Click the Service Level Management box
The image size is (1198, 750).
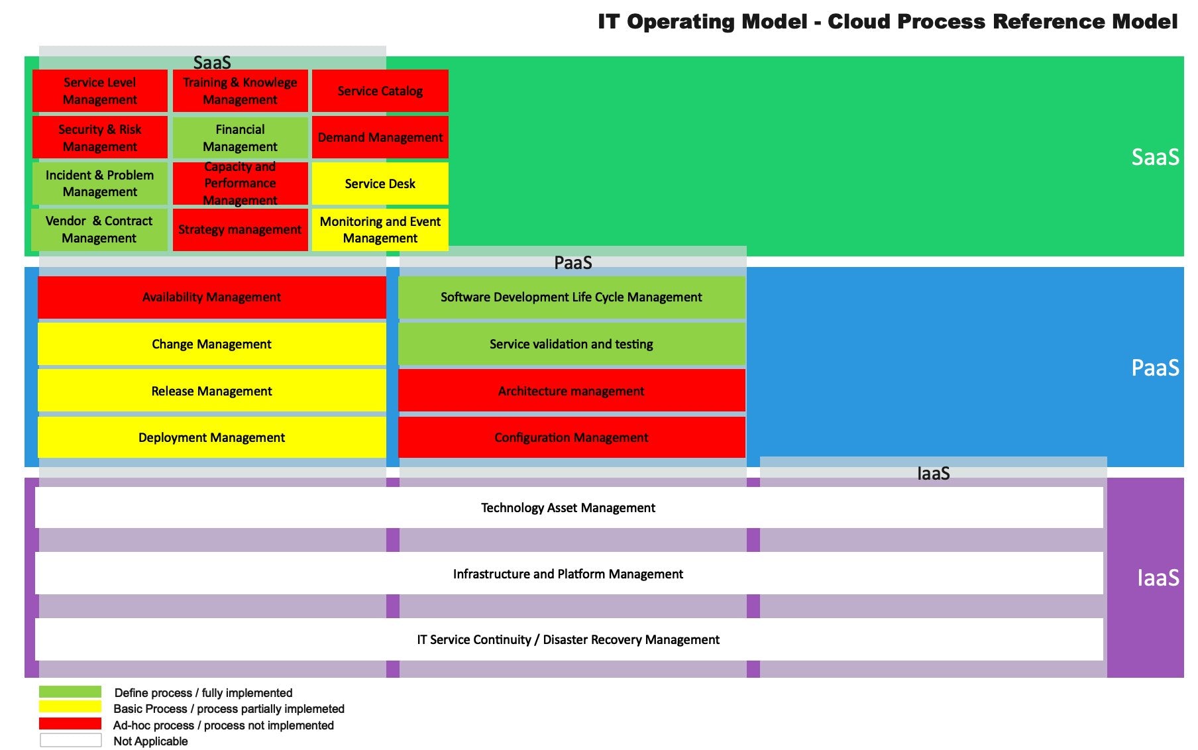pyautogui.click(x=100, y=91)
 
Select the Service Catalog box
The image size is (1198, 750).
pyautogui.click(x=380, y=91)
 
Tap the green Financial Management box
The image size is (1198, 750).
pyautogui.click(x=241, y=138)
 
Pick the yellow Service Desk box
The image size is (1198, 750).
pyautogui.click(x=380, y=184)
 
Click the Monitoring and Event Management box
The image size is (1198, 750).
pyautogui.click(x=380, y=230)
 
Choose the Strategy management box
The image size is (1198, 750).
pyautogui.click(x=241, y=230)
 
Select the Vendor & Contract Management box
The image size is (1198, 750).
pyautogui.click(x=99, y=230)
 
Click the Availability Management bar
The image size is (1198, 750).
pyautogui.click(x=212, y=297)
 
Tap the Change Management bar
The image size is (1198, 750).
pyautogui.click(x=212, y=344)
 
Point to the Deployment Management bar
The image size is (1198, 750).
pyautogui.click(x=212, y=437)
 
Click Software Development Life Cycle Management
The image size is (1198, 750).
pyautogui.click(x=572, y=297)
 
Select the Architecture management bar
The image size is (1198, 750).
pyautogui.click(x=572, y=391)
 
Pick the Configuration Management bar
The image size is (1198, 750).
pyautogui.click(x=572, y=437)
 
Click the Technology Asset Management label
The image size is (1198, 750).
pyautogui.click(x=568, y=508)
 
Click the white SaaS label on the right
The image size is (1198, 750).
pyautogui.click(x=1155, y=157)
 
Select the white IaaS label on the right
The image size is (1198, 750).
pyautogui.click(x=1158, y=578)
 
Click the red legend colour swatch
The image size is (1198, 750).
pyautogui.click(x=70, y=723)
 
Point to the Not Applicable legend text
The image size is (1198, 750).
pyautogui.click(x=150, y=741)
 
